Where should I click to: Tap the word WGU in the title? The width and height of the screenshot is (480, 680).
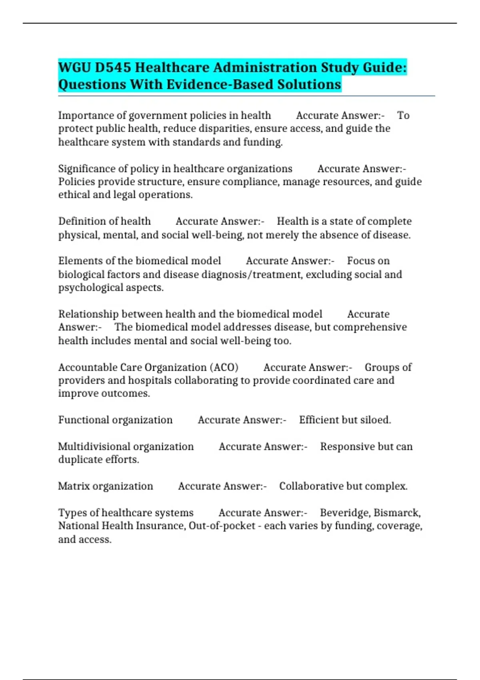pyautogui.click(x=74, y=67)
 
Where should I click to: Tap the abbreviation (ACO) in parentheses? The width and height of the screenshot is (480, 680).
pyautogui.click(x=224, y=367)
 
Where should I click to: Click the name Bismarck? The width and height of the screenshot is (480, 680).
pyautogui.click(x=397, y=513)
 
